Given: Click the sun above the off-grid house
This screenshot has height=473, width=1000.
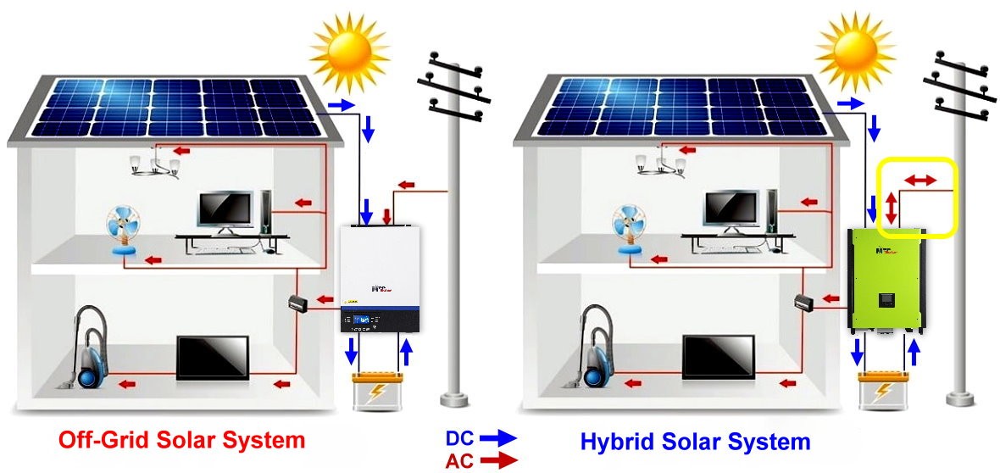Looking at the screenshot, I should [349, 53].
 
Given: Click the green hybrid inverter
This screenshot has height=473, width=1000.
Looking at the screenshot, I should [885, 280].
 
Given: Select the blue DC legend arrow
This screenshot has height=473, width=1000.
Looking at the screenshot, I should [497, 438].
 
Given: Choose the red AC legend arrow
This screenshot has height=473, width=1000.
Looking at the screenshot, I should [497, 460].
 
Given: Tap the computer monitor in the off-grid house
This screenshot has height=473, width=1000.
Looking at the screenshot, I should [225, 209].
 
